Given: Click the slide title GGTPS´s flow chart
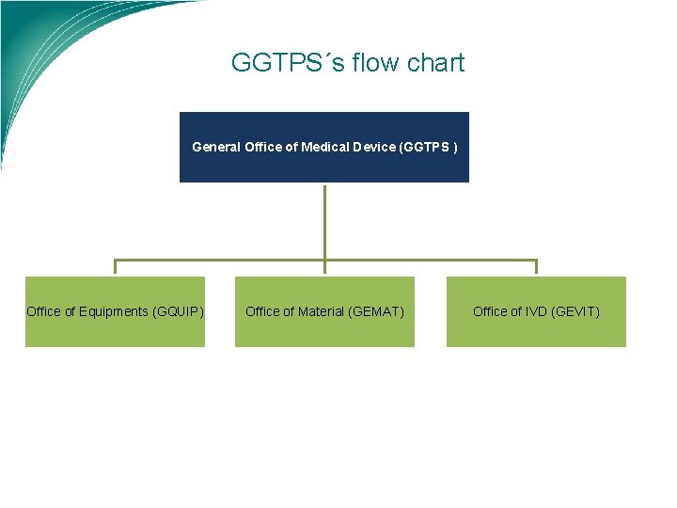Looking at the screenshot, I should [347, 63].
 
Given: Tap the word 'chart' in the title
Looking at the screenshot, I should [435, 63].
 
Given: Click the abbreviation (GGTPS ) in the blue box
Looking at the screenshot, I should [430, 147].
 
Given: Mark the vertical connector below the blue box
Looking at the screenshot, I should [324, 221].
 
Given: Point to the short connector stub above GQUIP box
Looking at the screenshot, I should [115, 268].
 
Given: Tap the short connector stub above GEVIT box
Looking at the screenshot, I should [536, 268].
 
